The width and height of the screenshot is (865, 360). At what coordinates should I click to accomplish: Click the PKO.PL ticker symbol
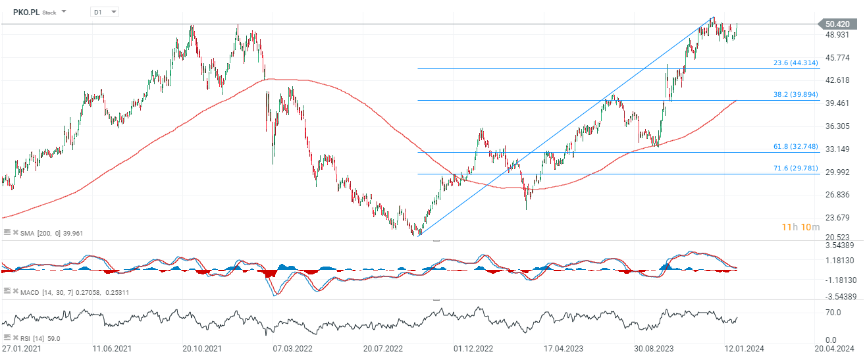(x=27, y=12)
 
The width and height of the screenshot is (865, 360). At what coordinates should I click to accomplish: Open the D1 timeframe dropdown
(x=105, y=12)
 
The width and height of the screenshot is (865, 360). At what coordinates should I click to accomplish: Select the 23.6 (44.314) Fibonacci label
(x=795, y=63)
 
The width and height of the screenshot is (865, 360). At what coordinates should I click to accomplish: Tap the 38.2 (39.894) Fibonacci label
(x=795, y=95)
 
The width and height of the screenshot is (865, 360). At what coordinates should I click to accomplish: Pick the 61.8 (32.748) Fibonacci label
(x=795, y=147)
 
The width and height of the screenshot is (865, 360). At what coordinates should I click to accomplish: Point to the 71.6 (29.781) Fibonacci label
(x=795, y=168)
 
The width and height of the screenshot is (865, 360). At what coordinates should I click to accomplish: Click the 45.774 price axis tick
(x=838, y=58)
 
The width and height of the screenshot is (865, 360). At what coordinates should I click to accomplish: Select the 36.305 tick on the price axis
(x=838, y=126)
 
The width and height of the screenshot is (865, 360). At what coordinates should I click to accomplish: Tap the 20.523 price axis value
(x=838, y=237)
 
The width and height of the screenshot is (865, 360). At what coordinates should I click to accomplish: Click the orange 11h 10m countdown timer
(x=800, y=227)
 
